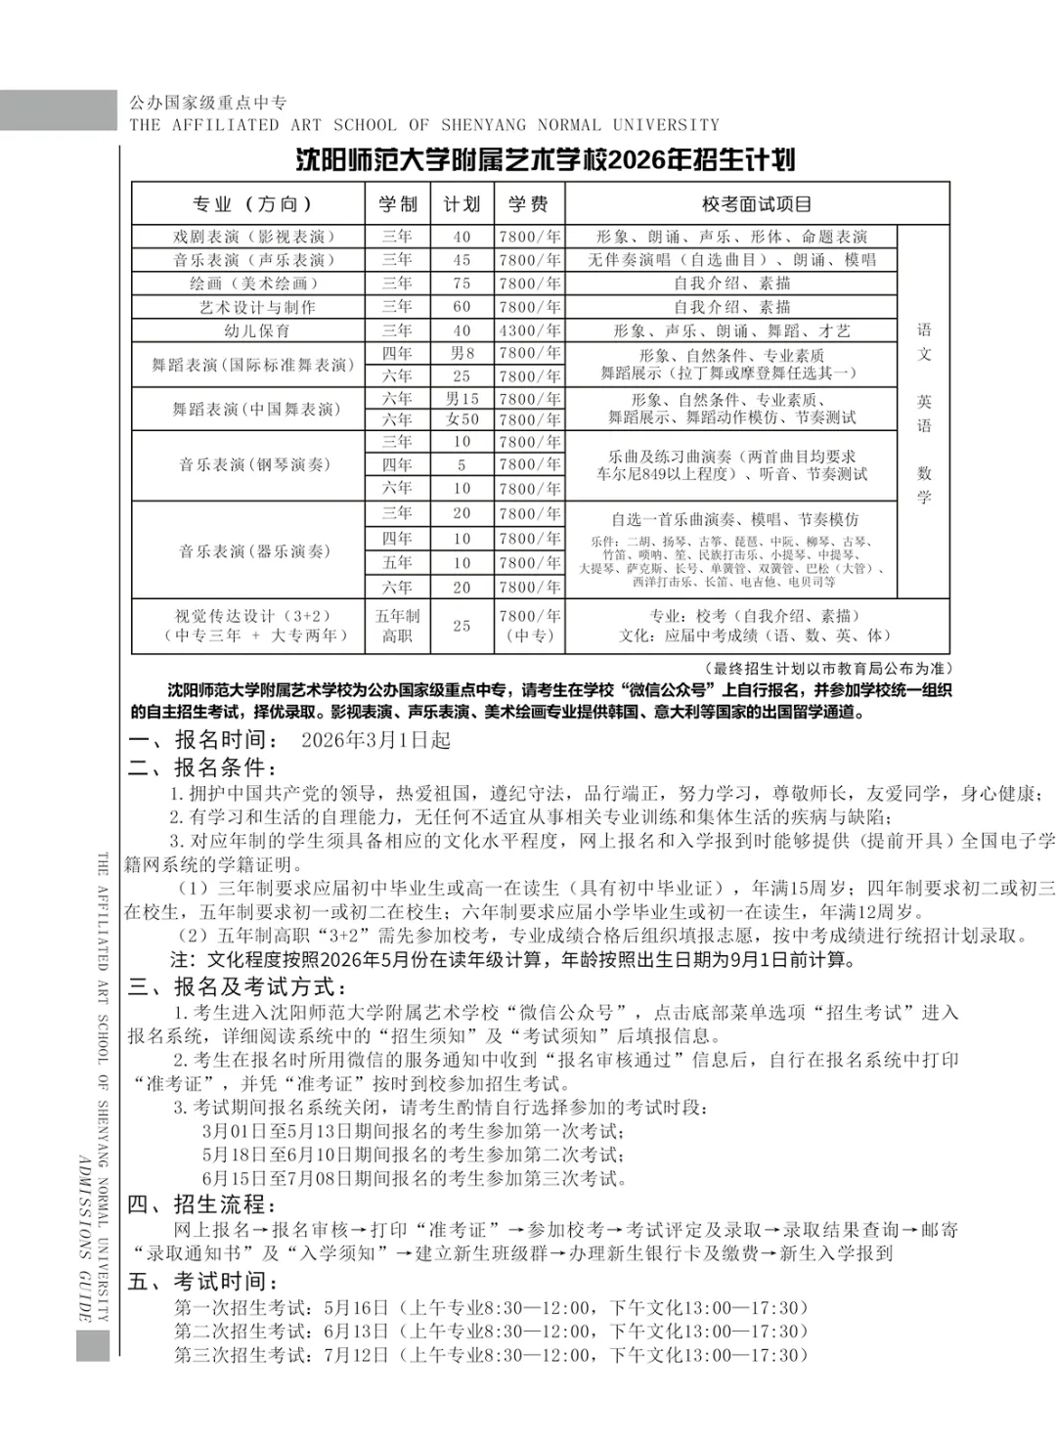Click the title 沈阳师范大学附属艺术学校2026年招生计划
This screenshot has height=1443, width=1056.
pos(546,160)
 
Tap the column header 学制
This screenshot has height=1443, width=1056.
pos(397,204)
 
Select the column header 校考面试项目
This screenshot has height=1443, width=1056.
pos(756,204)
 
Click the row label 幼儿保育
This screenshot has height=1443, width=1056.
pos(248,330)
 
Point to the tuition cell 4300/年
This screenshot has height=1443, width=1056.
pos(529,330)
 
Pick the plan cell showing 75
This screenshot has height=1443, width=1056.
pos(462,284)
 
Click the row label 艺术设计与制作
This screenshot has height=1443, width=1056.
pos(248,307)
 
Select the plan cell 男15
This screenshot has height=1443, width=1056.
pos(462,399)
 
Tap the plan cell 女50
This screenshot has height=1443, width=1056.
pos(462,419)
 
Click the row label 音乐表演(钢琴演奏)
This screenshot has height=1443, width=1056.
pos(248,464)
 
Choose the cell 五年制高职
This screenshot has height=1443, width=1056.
pos(397,626)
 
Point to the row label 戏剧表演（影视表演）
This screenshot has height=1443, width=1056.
pos(248,237)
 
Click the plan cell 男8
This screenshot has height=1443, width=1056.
pos(462,353)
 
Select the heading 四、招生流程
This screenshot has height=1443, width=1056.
pos(202,1204)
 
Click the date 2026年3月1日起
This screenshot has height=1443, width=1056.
pos(375,740)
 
